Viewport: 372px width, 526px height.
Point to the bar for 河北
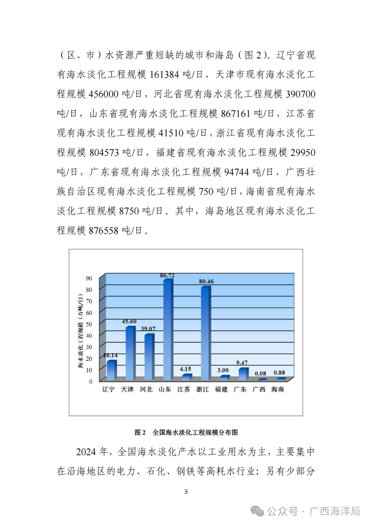[x=149, y=357]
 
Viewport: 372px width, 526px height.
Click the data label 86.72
[x=167, y=276]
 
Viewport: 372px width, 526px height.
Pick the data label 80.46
[x=206, y=281]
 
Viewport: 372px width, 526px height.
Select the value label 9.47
[x=242, y=363]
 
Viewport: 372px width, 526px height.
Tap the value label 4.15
[x=185, y=369]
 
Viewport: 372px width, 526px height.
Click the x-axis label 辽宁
[x=108, y=389]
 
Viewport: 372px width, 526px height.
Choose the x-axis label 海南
[x=278, y=389]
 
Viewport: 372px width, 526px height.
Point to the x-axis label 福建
[x=221, y=389]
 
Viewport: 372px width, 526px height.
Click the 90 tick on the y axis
[x=89, y=278]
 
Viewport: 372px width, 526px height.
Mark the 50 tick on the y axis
[x=89, y=324]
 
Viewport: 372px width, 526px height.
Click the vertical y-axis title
[x=80, y=331]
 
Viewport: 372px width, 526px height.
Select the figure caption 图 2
[x=140, y=432]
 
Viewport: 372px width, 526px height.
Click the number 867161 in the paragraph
[x=235, y=113]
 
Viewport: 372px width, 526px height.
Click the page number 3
[x=186, y=492]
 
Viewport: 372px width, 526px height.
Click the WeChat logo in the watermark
[x=257, y=511]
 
